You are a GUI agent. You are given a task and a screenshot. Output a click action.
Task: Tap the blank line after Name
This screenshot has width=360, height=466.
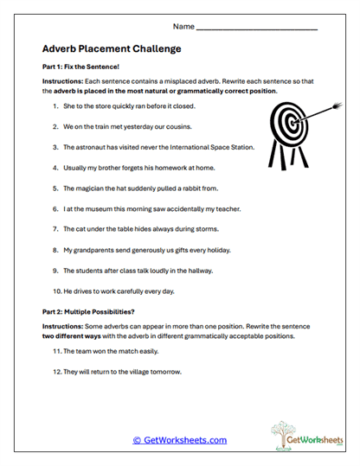(x=257, y=29)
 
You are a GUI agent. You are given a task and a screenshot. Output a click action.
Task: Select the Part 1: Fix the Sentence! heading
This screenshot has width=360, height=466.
(x=79, y=67)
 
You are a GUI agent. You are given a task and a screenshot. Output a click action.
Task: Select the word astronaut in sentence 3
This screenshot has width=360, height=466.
(x=94, y=147)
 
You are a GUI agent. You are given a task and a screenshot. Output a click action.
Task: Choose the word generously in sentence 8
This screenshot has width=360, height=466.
(x=152, y=250)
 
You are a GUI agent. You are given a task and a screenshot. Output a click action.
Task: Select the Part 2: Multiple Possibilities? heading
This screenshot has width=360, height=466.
(x=93, y=310)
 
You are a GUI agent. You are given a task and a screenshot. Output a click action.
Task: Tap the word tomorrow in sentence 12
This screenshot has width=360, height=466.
(x=170, y=373)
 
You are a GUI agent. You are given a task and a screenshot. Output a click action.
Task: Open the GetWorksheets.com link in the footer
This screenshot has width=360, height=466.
(x=179, y=440)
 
